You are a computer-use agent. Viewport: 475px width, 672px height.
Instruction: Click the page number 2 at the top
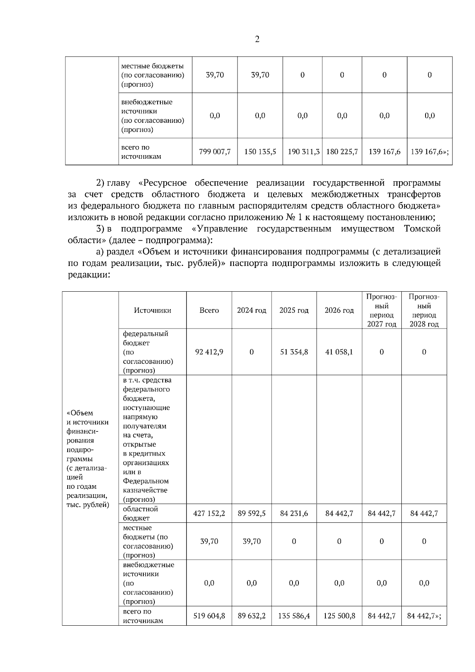pyautogui.click(x=257, y=39)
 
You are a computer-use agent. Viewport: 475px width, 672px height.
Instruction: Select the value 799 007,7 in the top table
pyautogui.click(x=215, y=152)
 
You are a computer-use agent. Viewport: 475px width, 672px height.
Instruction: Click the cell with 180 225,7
pyautogui.click(x=342, y=152)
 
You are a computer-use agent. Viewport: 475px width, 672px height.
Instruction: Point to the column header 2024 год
pyautogui.click(x=251, y=310)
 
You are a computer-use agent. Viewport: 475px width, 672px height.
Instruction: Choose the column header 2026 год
pyautogui.click(x=339, y=310)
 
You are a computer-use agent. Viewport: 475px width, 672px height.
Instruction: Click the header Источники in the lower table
pyautogui.click(x=152, y=310)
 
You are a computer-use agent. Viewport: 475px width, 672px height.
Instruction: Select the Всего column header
pyautogui.click(x=209, y=310)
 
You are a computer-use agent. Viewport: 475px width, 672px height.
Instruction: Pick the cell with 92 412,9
pyautogui.click(x=209, y=352)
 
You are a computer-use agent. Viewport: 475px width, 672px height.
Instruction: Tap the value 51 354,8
pyautogui.click(x=294, y=352)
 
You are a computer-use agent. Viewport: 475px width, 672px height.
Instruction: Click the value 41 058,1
pyautogui.click(x=339, y=352)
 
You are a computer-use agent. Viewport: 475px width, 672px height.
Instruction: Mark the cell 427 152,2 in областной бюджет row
pyautogui.click(x=209, y=513)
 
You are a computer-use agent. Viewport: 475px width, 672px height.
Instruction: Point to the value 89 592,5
pyautogui.click(x=251, y=513)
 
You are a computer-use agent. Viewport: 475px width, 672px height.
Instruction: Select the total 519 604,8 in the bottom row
pyautogui.click(x=209, y=616)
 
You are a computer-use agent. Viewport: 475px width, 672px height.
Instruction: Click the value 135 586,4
pyautogui.click(x=294, y=616)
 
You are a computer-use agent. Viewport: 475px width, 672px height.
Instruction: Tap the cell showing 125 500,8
pyautogui.click(x=339, y=616)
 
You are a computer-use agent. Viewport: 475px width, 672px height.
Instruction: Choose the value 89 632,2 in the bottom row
pyautogui.click(x=251, y=616)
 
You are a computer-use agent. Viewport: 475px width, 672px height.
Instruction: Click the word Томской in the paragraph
pyautogui.click(x=422, y=229)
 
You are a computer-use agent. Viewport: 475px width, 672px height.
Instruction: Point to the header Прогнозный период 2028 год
pyautogui.click(x=424, y=310)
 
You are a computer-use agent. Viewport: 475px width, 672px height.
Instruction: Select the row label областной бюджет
pyautogui.click(x=140, y=513)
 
